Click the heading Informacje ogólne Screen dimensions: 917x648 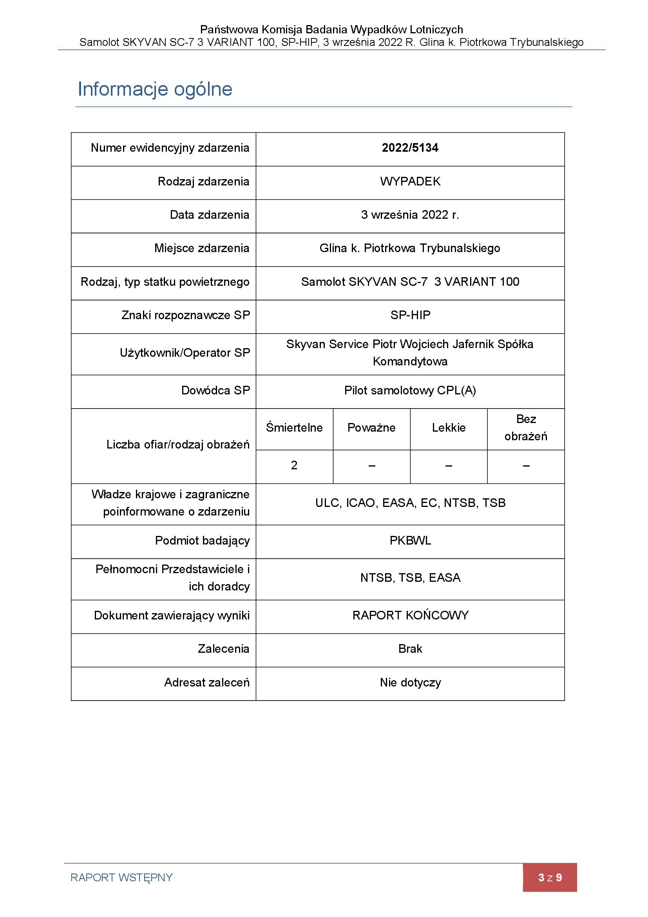coord(155,89)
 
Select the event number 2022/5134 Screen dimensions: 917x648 coord(410,148)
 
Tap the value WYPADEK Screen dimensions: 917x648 coord(410,182)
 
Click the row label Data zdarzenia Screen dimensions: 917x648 coord(210,215)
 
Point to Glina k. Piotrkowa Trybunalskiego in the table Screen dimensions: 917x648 coord(410,249)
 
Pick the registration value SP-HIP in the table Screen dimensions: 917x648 coord(410,316)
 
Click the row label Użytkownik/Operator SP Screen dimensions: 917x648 coord(185,353)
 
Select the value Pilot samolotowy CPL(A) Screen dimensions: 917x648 coord(410,390)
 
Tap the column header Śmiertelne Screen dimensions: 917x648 coord(294,428)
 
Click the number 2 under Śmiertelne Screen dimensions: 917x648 coord(294,465)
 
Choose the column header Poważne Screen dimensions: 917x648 coord(371,428)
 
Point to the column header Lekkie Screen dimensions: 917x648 coord(449,428)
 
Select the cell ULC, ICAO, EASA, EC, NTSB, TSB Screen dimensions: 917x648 coord(410,503)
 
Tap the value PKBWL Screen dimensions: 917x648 coord(410,541)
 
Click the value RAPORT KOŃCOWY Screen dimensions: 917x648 coord(410,616)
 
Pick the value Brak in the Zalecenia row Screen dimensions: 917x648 coord(410,649)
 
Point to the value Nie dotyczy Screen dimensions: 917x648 coord(410,683)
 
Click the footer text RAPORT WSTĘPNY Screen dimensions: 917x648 coord(121,877)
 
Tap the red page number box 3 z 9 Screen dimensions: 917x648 coord(549,877)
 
